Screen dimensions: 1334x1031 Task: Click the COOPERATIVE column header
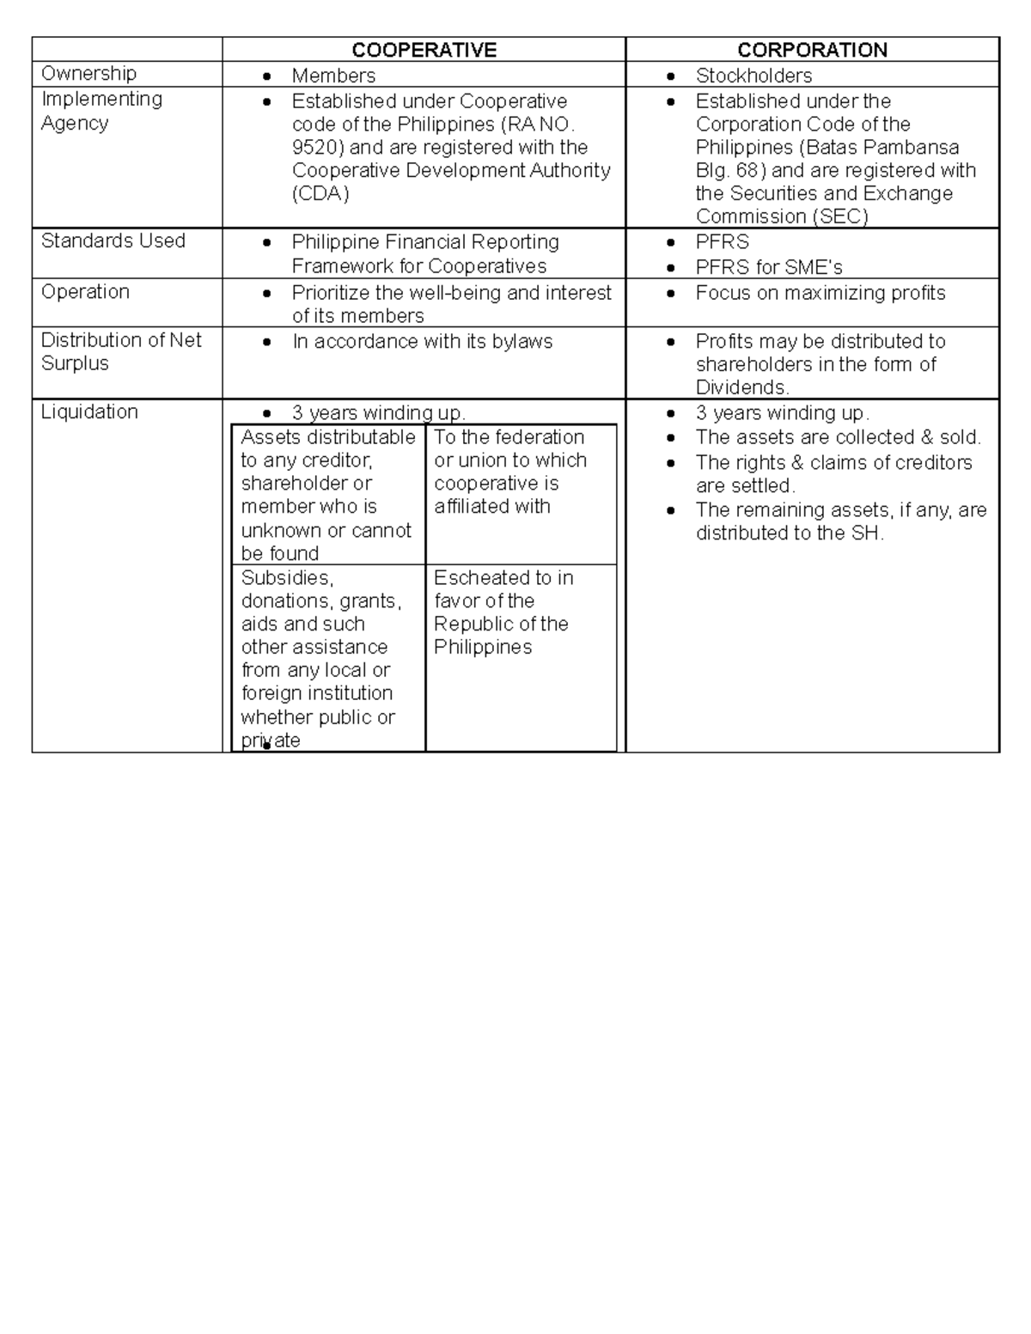pyautogui.click(x=424, y=50)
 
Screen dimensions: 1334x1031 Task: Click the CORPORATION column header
pyautogui.click(x=812, y=50)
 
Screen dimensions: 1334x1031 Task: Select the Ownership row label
pyautogui.click(x=88, y=74)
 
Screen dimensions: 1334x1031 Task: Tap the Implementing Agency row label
pyautogui.click(x=101, y=111)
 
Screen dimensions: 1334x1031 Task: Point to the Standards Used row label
pyautogui.click(x=113, y=241)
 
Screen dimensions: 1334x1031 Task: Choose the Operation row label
pyautogui.click(x=85, y=292)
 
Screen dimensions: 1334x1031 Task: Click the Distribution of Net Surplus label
pyautogui.click(x=120, y=351)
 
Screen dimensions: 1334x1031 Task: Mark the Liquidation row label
pyautogui.click(x=89, y=411)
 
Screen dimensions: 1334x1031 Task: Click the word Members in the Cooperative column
pyautogui.click(x=333, y=76)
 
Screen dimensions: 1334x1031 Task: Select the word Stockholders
pyautogui.click(x=753, y=76)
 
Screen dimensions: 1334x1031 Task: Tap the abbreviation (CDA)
pyautogui.click(x=320, y=194)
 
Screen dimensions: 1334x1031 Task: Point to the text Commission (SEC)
pyautogui.click(x=781, y=216)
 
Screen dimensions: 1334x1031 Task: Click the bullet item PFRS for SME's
pyautogui.click(x=769, y=267)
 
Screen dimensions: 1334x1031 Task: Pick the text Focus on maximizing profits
pyautogui.click(x=820, y=293)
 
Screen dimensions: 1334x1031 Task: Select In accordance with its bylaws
pyautogui.click(x=422, y=342)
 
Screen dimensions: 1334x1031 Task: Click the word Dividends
pyautogui.click(x=741, y=387)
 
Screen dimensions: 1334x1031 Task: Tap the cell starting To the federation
pyautogui.click(x=510, y=472)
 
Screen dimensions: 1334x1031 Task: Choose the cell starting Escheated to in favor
pyautogui.click(x=503, y=612)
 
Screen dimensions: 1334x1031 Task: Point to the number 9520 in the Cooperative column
pyautogui.click(x=315, y=147)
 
